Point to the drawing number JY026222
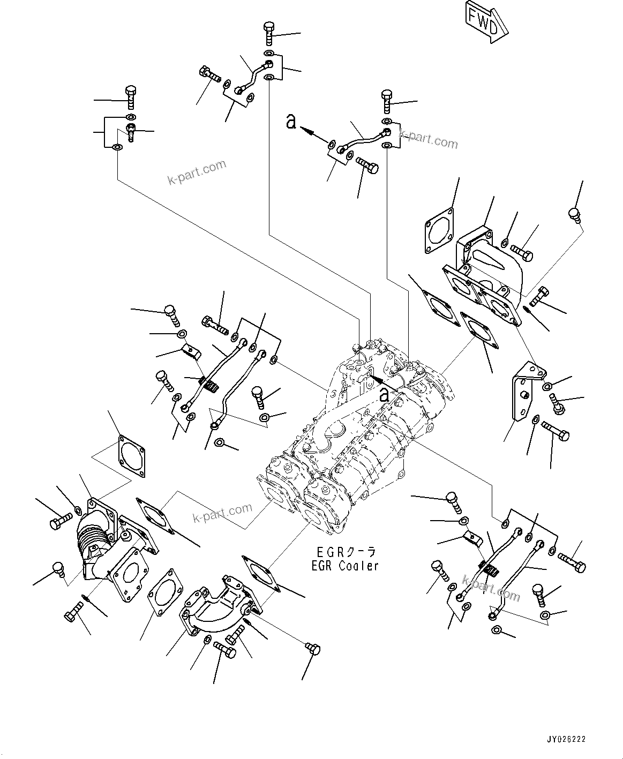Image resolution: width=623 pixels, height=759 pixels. [x=566, y=739]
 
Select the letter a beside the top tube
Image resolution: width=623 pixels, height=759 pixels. [x=291, y=122]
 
